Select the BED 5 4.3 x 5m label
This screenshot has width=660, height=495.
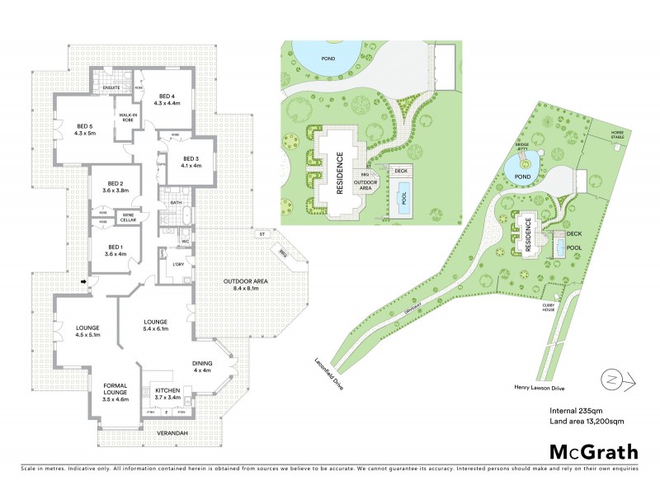(85, 129)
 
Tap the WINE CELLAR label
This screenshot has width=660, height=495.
(129, 217)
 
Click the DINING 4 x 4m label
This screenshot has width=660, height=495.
(202, 367)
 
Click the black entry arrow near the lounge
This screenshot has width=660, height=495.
(85, 283)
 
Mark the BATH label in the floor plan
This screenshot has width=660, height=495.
(176, 202)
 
